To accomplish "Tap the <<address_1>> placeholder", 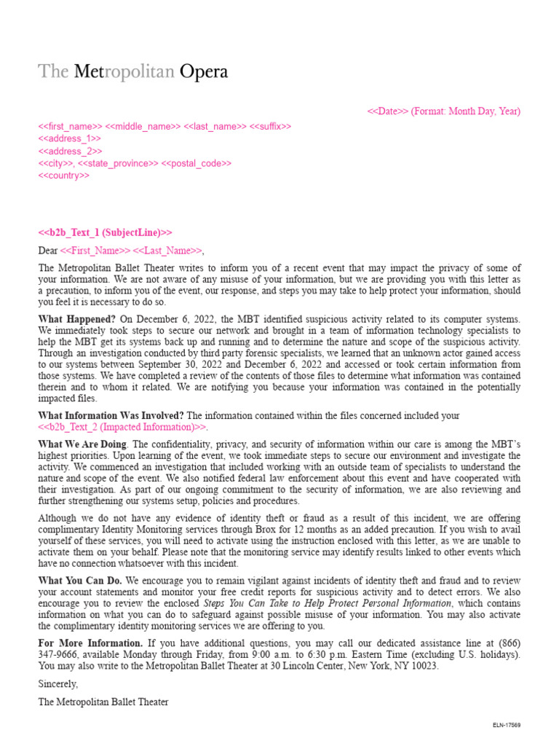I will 69,138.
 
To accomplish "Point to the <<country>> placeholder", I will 63,176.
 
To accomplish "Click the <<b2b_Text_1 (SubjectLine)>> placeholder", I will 105,232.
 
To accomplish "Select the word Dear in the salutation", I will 47,251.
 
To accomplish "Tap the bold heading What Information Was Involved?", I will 111,415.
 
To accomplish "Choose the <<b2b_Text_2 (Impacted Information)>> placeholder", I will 122,427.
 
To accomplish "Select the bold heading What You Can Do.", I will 81,581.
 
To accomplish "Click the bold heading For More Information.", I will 90,643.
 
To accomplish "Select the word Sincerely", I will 58,685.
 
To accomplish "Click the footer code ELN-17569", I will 506,726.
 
